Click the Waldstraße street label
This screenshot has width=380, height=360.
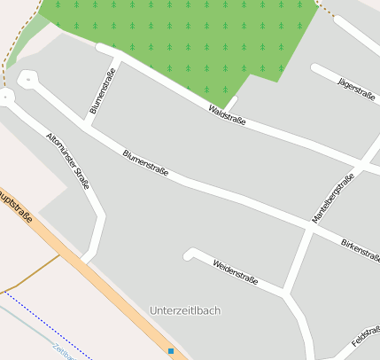point(227,113)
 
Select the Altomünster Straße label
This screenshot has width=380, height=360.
point(68,160)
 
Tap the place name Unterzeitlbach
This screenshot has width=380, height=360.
point(185,310)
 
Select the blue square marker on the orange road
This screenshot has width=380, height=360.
point(171,351)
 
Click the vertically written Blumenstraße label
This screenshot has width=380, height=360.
point(104,93)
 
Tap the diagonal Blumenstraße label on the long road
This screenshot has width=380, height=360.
point(146,164)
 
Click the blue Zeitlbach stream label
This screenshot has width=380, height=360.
point(63,351)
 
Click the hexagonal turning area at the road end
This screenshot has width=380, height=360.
point(27,80)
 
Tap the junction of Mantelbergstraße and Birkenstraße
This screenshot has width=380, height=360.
point(309,229)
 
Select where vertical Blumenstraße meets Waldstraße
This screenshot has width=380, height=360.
point(118,59)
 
